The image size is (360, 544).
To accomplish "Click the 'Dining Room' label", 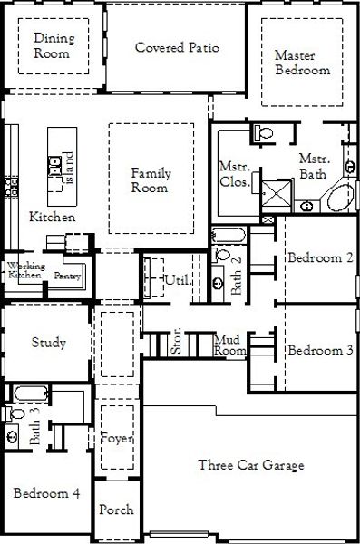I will (x=54, y=45).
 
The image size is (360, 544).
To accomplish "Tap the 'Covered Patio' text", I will (x=177, y=47).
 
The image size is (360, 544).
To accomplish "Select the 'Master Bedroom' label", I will (x=302, y=63).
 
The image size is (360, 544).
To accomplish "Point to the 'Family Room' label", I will (x=150, y=180).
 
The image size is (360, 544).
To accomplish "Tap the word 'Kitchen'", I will (x=53, y=218).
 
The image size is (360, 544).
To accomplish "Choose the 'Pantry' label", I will (x=67, y=275).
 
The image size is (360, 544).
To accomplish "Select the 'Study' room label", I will (x=48, y=343).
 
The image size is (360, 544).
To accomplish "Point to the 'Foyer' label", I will (x=118, y=439).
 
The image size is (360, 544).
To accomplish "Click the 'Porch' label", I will (x=116, y=510).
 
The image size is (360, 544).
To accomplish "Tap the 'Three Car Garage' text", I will (x=251, y=465).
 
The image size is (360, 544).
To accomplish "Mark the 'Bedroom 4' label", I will (x=46, y=494).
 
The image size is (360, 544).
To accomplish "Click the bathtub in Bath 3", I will (x=27, y=394).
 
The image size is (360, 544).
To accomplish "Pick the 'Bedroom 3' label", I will (x=320, y=350).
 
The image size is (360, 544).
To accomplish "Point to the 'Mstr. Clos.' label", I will (x=235, y=173).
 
